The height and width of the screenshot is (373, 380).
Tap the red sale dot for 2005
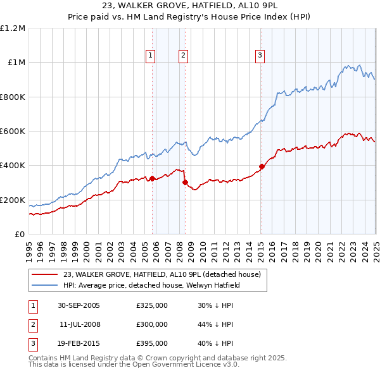click(153, 178)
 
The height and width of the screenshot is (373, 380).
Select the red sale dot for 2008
click(185, 182)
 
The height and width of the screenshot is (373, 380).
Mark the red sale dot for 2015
click(262, 166)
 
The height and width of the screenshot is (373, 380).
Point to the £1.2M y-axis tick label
click(13, 28)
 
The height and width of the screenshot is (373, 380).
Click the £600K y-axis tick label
click(13, 131)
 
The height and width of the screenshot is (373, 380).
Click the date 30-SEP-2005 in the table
click(79, 306)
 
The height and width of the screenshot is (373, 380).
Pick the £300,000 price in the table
click(152, 324)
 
